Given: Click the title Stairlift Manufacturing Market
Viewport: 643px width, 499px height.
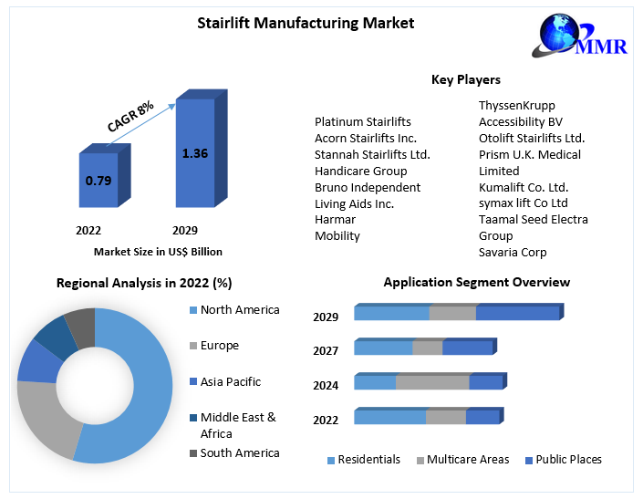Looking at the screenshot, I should click(x=306, y=23).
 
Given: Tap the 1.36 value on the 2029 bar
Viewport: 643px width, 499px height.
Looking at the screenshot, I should click(x=195, y=153).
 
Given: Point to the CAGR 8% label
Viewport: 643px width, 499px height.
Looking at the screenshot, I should click(x=130, y=117).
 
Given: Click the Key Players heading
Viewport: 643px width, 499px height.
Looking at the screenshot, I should click(x=466, y=80).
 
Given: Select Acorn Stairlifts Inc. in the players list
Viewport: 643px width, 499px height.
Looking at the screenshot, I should click(x=366, y=138).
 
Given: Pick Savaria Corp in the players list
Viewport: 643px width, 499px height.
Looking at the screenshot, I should click(x=513, y=252).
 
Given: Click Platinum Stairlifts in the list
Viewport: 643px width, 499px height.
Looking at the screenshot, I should click(x=363, y=121).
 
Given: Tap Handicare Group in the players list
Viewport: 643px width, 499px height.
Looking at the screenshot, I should click(x=361, y=171).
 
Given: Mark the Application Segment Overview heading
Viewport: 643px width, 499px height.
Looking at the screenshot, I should click(x=477, y=282).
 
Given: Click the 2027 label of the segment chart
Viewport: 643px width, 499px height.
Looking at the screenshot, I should click(x=326, y=351).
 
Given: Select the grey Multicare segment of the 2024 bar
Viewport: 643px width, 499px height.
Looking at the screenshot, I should click(x=432, y=382).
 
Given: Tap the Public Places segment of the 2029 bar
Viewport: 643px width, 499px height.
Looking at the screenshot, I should click(x=517, y=314).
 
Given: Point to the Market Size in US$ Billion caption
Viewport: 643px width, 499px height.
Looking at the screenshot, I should click(x=158, y=252).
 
